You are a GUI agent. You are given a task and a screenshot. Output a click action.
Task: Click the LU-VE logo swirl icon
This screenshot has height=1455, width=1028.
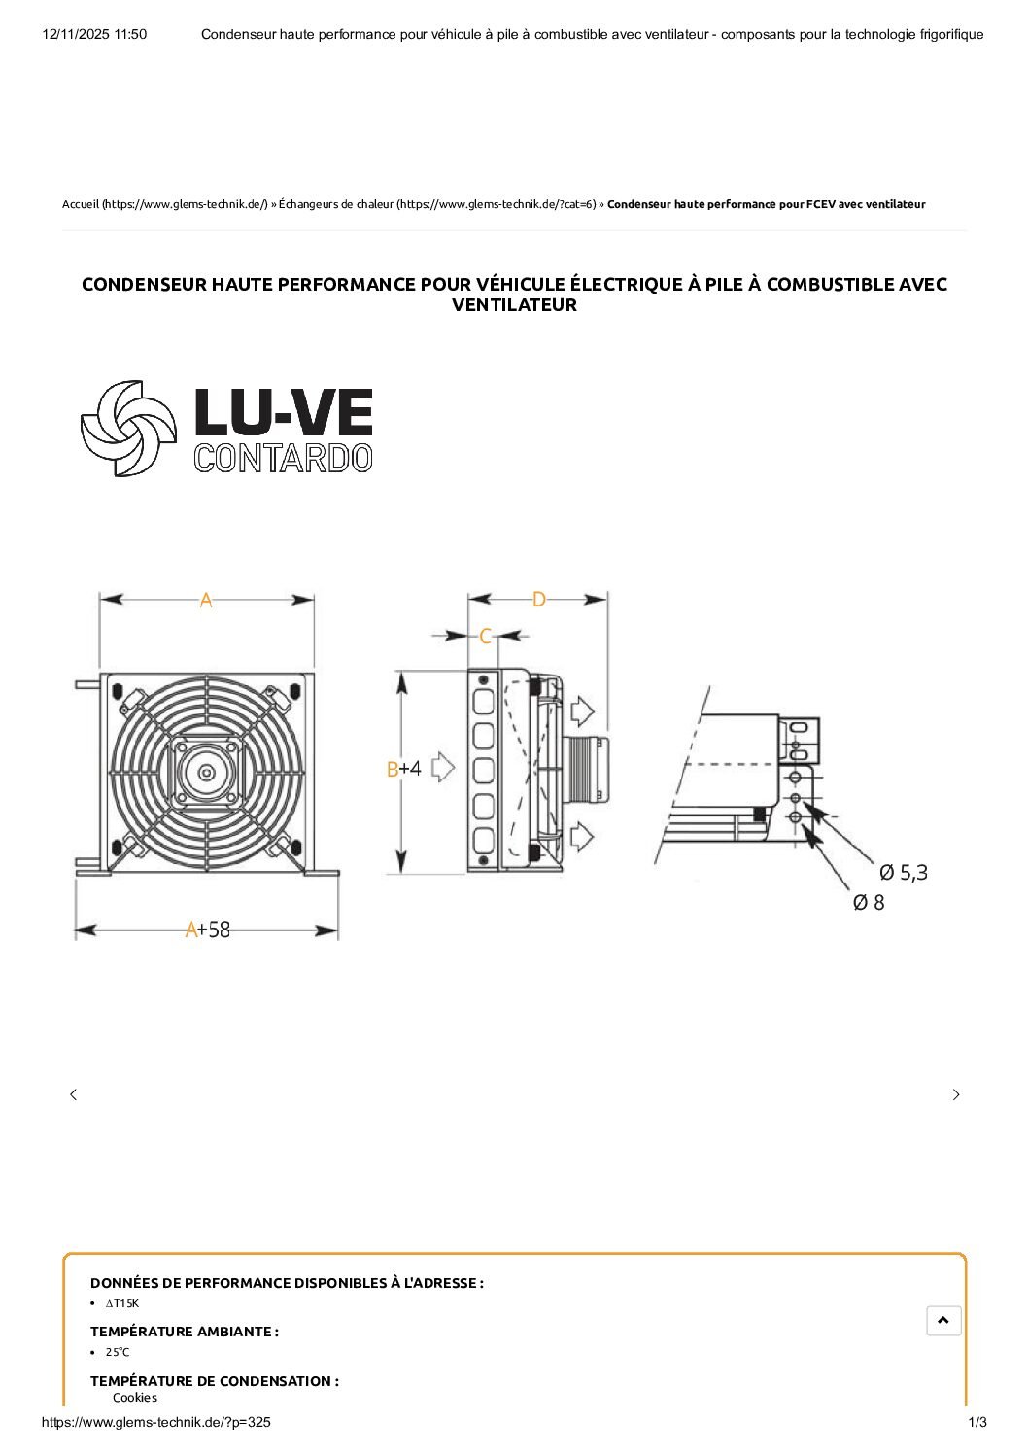click(x=128, y=428)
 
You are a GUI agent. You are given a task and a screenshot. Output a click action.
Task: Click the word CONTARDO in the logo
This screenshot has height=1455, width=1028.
click(x=283, y=459)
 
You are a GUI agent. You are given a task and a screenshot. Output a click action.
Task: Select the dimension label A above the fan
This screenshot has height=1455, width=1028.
click(x=206, y=601)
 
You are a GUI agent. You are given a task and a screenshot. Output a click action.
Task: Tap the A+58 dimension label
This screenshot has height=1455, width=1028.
click(x=208, y=930)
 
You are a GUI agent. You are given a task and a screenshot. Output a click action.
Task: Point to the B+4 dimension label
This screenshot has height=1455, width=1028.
click(x=403, y=769)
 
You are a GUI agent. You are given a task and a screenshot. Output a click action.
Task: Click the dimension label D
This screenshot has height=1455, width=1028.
click(x=538, y=600)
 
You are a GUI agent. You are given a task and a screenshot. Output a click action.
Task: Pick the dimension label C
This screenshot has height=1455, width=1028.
click(x=485, y=636)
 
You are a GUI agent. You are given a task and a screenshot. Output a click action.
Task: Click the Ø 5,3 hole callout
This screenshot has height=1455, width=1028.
click(x=903, y=873)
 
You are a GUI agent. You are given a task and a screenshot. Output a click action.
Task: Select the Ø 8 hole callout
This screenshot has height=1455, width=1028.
click(x=869, y=903)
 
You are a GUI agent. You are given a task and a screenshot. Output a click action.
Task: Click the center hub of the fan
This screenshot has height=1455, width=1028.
click(x=206, y=773)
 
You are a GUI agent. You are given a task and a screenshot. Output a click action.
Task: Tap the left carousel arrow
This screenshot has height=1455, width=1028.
click(x=73, y=1094)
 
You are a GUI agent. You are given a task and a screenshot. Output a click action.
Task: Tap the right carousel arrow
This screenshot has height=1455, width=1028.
click(x=956, y=1094)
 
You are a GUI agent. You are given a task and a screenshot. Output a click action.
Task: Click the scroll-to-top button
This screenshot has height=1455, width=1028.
click(x=943, y=1320)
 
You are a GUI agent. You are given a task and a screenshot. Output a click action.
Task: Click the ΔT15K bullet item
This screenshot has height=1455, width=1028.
click(x=122, y=1303)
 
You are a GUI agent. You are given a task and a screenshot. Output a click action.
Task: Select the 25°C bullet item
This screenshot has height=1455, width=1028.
click(x=118, y=1352)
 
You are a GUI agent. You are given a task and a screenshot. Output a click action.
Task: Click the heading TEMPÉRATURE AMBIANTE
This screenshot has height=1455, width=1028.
click(x=184, y=1332)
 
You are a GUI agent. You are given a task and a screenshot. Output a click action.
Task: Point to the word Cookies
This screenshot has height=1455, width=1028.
click(x=134, y=1398)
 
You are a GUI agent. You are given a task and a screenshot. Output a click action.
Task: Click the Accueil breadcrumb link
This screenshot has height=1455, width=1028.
click(x=81, y=204)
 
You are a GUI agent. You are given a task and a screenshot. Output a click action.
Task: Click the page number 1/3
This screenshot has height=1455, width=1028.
click(x=977, y=1423)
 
